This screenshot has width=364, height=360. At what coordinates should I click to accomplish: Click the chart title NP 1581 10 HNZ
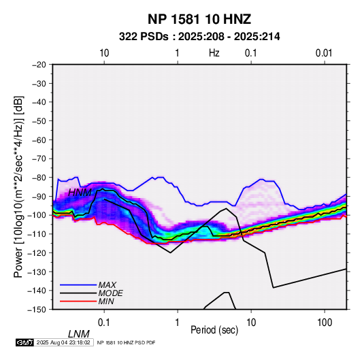[x=199, y=19]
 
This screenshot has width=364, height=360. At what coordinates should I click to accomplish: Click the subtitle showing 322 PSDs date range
[x=199, y=37]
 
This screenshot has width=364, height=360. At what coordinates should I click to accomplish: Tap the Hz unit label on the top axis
[x=214, y=53]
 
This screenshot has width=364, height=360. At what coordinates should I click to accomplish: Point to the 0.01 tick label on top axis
[x=324, y=53]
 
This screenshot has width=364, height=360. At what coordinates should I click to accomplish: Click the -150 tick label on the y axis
[x=37, y=310]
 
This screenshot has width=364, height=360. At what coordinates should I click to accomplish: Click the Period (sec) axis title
[x=214, y=329]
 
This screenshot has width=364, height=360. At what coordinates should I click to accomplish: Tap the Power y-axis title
[x=18, y=186]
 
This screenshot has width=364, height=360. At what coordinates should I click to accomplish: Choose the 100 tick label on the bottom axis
[x=325, y=323]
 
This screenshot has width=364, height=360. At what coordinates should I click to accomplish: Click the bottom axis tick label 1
[x=178, y=323]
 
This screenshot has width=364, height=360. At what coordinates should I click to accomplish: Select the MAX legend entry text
[x=107, y=284]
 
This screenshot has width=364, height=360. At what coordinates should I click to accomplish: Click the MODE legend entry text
[x=110, y=293]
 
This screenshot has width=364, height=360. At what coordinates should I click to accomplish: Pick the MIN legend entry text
[x=106, y=301]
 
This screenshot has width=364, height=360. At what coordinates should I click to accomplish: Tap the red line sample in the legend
[x=78, y=301]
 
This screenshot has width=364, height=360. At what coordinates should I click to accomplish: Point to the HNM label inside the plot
[x=80, y=193]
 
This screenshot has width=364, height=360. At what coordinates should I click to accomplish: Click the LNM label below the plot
[x=78, y=334]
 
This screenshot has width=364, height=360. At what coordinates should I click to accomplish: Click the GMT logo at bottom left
[x=24, y=342]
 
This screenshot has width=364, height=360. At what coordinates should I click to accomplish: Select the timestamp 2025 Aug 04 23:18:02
[x=63, y=342]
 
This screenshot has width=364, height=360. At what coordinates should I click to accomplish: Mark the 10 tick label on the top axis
[x=104, y=53]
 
